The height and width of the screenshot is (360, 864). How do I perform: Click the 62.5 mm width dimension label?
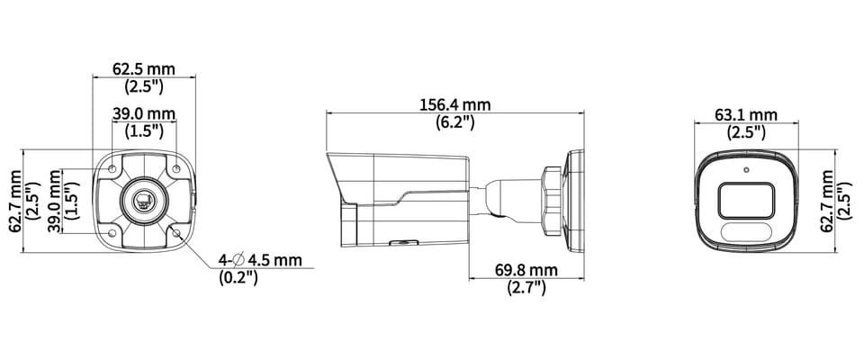[x=144, y=69]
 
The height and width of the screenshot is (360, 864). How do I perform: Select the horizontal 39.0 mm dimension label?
[x=144, y=114]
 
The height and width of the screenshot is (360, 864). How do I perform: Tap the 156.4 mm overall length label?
[x=455, y=104]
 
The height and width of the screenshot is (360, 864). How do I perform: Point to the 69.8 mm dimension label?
[x=526, y=270]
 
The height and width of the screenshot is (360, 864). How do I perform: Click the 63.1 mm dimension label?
[x=746, y=114]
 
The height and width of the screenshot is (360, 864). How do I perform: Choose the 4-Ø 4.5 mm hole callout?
[x=260, y=259]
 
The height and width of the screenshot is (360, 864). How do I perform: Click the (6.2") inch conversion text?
[x=455, y=121]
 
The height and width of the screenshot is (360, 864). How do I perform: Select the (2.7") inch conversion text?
[x=526, y=287]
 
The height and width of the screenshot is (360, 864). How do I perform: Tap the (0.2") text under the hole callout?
[x=238, y=277]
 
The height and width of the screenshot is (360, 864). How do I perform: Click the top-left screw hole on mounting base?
[x=112, y=168]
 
